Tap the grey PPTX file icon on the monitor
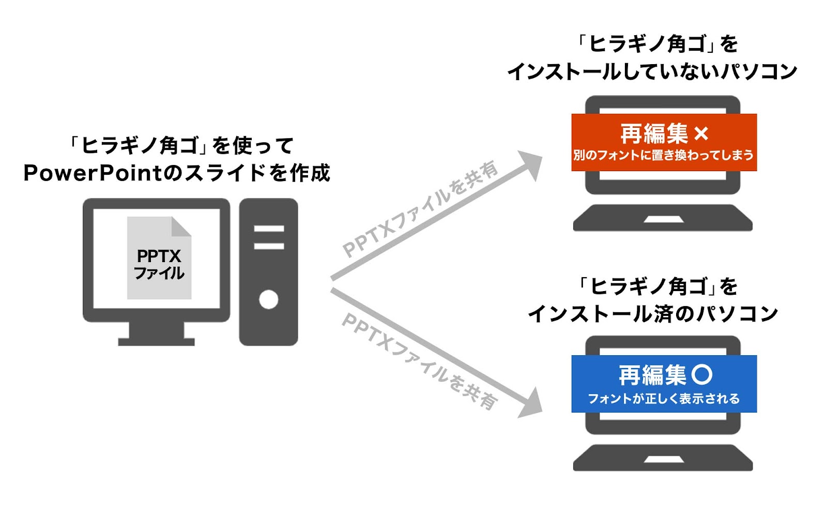(x=159, y=258)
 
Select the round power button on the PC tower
(x=269, y=299)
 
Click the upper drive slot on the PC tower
(x=269, y=229)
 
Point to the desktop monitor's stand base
(x=156, y=341)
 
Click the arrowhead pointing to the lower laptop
(x=532, y=404)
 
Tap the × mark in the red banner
(x=701, y=134)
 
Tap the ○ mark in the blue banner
(x=702, y=374)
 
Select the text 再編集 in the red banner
(x=653, y=134)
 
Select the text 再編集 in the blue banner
(x=652, y=375)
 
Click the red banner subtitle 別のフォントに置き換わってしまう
(x=664, y=155)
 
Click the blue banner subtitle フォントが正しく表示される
(x=664, y=399)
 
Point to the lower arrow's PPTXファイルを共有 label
(x=420, y=361)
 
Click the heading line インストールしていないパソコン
(x=652, y=71)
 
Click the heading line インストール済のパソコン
(x=653, y=313)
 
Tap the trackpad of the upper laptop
(x=663, y=220)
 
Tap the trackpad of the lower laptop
(x=663, y=460)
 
